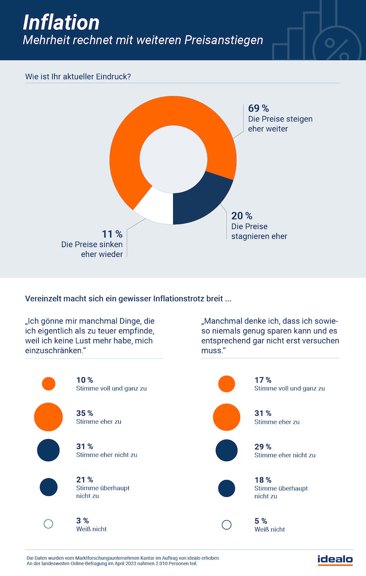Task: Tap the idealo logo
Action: point(335,559)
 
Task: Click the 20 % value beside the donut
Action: point(242,216)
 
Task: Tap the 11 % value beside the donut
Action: point(113,234)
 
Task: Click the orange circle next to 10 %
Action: point(48,384)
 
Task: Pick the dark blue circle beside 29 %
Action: point(227,450)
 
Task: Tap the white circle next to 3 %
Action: point(48,524)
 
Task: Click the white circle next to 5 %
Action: point(227,525)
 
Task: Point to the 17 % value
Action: point(263,380)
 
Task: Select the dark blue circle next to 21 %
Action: point(48,486)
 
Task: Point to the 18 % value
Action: point(263,480)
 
